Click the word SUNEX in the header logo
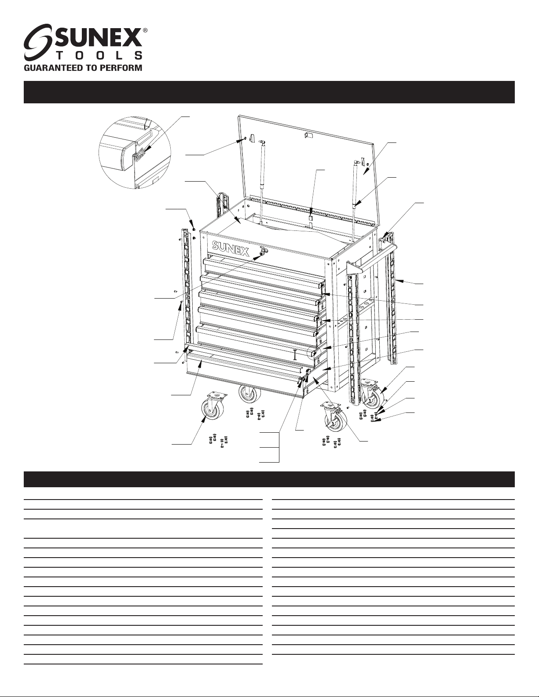pyautogui.click(x=98, y=39)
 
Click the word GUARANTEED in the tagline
pyautogui.click(x=52, y=68)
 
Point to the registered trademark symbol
pyautogui.click(x=145, y=30)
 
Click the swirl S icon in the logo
pyautogui.click(x=39, y=42)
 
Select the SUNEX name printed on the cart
pyautogui.click(x=231, y=248)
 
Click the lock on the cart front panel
pyautogui.click(x=263, y=252)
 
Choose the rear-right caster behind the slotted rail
pyautogui.click(x=373, y=394)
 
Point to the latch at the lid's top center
pyautogui.click(x=308, y=135)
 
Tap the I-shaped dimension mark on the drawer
pyautogui.click(x=294, y=355)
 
